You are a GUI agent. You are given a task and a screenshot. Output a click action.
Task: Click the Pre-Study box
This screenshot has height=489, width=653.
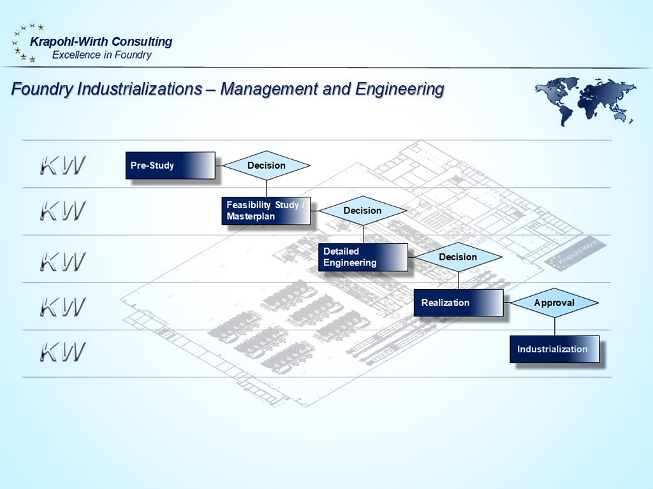(170, 166)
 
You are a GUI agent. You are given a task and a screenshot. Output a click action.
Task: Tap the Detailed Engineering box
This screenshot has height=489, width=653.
(363, 257)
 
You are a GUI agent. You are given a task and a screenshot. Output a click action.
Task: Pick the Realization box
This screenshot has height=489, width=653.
(458, 302)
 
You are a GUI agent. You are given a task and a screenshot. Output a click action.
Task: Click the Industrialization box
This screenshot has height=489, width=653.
(554, 349)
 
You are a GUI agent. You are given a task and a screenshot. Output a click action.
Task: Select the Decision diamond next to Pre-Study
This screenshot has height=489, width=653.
(267, 166)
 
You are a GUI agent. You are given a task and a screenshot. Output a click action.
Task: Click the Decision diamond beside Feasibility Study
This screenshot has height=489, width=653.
(363, 211)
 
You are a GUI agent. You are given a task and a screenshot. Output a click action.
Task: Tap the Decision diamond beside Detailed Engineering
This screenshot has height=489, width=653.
(458, 257)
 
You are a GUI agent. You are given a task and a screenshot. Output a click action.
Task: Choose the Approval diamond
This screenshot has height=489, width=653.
(554, 303)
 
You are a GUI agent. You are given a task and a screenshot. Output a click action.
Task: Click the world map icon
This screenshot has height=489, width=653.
(584, 101)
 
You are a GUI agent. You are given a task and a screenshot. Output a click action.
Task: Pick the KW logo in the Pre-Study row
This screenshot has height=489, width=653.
(62, 166)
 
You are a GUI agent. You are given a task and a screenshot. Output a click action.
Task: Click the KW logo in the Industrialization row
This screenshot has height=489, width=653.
(62, 352)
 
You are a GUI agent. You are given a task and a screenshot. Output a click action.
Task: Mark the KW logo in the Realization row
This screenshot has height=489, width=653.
(62, 306)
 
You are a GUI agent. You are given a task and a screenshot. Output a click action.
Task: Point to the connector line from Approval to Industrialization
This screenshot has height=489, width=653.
(554, 326)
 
